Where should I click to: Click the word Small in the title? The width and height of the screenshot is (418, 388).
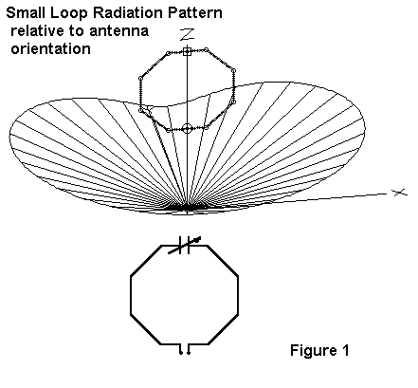(26, 13)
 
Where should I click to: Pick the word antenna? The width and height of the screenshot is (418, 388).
(118, 31)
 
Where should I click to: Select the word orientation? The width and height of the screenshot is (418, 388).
(51, 49)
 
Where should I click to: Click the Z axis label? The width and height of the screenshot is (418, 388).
(187, 34)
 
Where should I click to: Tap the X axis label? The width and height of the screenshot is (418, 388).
(399, 192)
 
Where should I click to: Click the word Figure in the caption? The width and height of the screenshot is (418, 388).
(309, 351)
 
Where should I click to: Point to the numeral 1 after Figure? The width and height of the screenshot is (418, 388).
(345, 350)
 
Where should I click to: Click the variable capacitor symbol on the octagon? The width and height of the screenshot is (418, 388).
(184, 245)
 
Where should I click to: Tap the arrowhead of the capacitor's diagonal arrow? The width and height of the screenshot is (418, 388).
(198, 239)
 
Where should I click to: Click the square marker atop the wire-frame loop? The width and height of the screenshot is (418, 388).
(187, 51)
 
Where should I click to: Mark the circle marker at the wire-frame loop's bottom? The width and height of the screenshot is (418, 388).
(187, 129)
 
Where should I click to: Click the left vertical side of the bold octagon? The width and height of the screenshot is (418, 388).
(131, 296)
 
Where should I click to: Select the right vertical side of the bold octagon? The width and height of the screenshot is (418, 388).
(238, 296)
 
